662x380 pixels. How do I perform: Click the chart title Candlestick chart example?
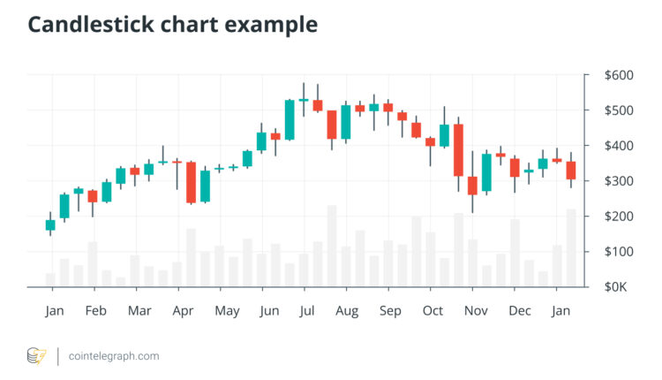(x=172, y=25)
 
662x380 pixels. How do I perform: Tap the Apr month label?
(x=183, y=310)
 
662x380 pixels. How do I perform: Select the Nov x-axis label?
(x=476, y=310)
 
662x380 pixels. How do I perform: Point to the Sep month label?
(x=390, y=310)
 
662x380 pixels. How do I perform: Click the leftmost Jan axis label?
(x=54, y=310)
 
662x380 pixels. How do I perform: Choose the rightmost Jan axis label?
(x=560, y=310)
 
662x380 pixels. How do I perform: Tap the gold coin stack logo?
(x=36, y=356)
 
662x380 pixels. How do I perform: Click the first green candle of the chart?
(x=50, y=224)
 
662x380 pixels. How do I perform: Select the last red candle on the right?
(x=570, y=171)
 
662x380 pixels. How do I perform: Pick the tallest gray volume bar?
(x=332, y=247)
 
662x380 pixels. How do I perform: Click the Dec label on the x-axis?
(x=520, y=310)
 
